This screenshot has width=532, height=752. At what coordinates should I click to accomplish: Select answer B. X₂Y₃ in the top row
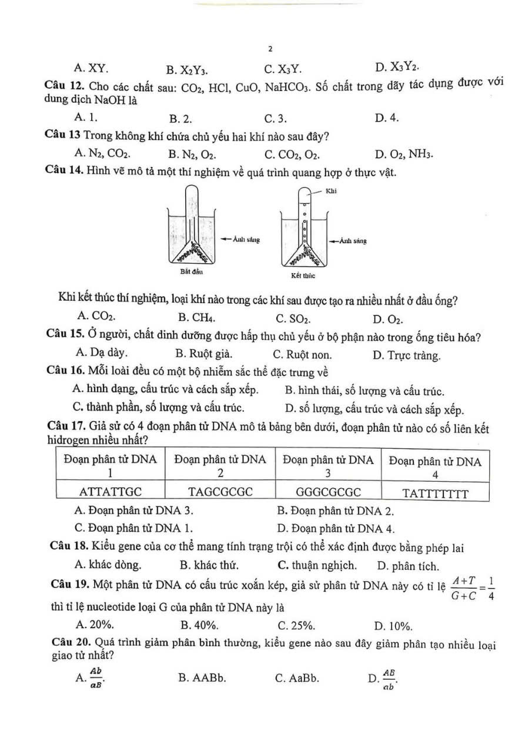coord(182,70)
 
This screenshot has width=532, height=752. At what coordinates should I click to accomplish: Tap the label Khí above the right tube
coord(332,191)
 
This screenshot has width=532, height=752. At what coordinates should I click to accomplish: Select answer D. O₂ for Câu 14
coord(388,320)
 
